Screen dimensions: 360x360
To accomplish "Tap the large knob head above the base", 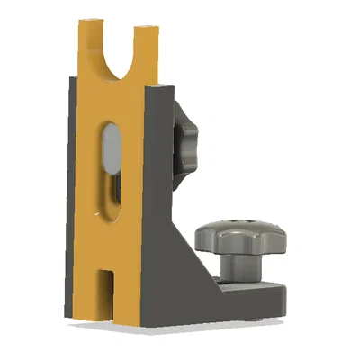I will point(241,238).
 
